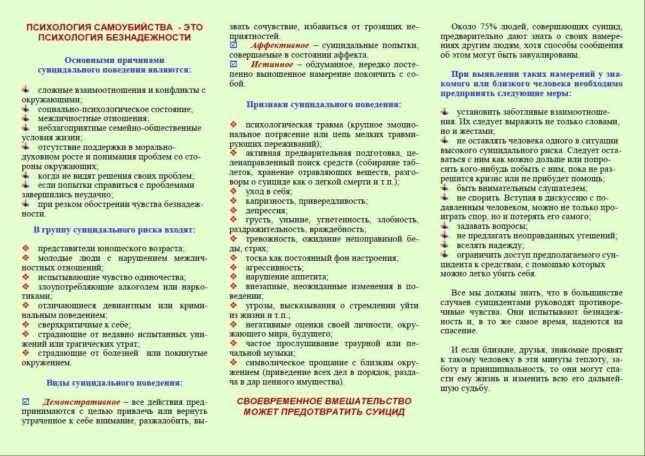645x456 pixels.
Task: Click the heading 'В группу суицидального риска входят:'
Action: [x=114, y=230]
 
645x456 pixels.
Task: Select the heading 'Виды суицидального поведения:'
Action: [x=114, y=382]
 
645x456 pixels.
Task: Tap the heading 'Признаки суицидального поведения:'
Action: [x=324, y=105]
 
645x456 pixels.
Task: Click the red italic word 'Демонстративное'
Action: [x=81, y=402]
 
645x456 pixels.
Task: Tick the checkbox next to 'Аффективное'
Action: [x=233, y=45]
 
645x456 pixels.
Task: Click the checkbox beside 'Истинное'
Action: [x=233, y=65]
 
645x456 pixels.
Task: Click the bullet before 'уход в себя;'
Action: [x=233, y=191]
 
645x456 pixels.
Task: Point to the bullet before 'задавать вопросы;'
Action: [x=445, y=226]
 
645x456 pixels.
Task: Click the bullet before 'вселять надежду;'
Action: [x=445, y=245]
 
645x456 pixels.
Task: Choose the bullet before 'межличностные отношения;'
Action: [x=26, y=118]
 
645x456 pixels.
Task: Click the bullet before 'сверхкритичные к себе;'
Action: [x=26, y=324]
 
